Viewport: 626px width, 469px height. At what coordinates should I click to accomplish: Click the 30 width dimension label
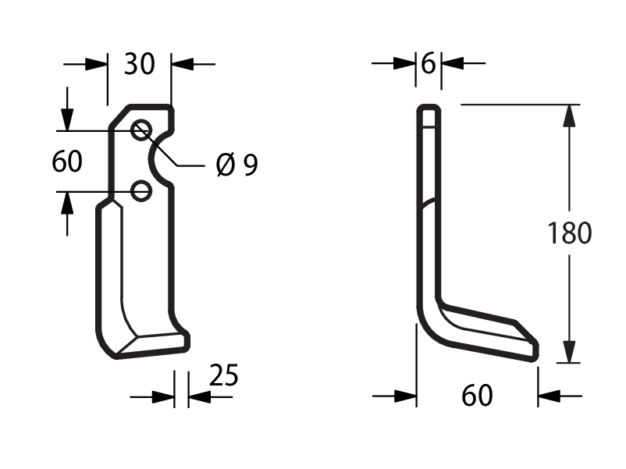click(139, 64)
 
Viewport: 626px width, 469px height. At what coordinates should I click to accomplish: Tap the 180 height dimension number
click(569, 233)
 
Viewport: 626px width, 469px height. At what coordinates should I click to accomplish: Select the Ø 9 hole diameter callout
click(237, 164)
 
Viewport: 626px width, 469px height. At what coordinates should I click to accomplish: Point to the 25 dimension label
click(223, 375)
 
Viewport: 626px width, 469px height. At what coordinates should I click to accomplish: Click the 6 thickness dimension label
click(429, 63)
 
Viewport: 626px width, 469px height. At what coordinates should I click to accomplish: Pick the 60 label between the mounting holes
click(66, 162)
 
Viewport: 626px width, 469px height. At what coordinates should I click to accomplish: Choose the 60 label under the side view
click(477, 396)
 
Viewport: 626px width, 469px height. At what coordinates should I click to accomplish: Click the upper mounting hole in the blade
click(141, 130)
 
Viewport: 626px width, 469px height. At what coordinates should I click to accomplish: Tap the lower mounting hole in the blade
click(141, 190)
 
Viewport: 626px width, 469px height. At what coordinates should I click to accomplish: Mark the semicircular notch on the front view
click(152, 158)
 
